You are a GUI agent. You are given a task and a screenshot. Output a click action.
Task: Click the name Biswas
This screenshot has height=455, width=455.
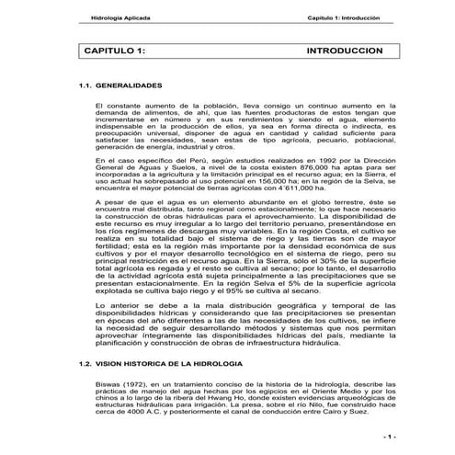108,383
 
